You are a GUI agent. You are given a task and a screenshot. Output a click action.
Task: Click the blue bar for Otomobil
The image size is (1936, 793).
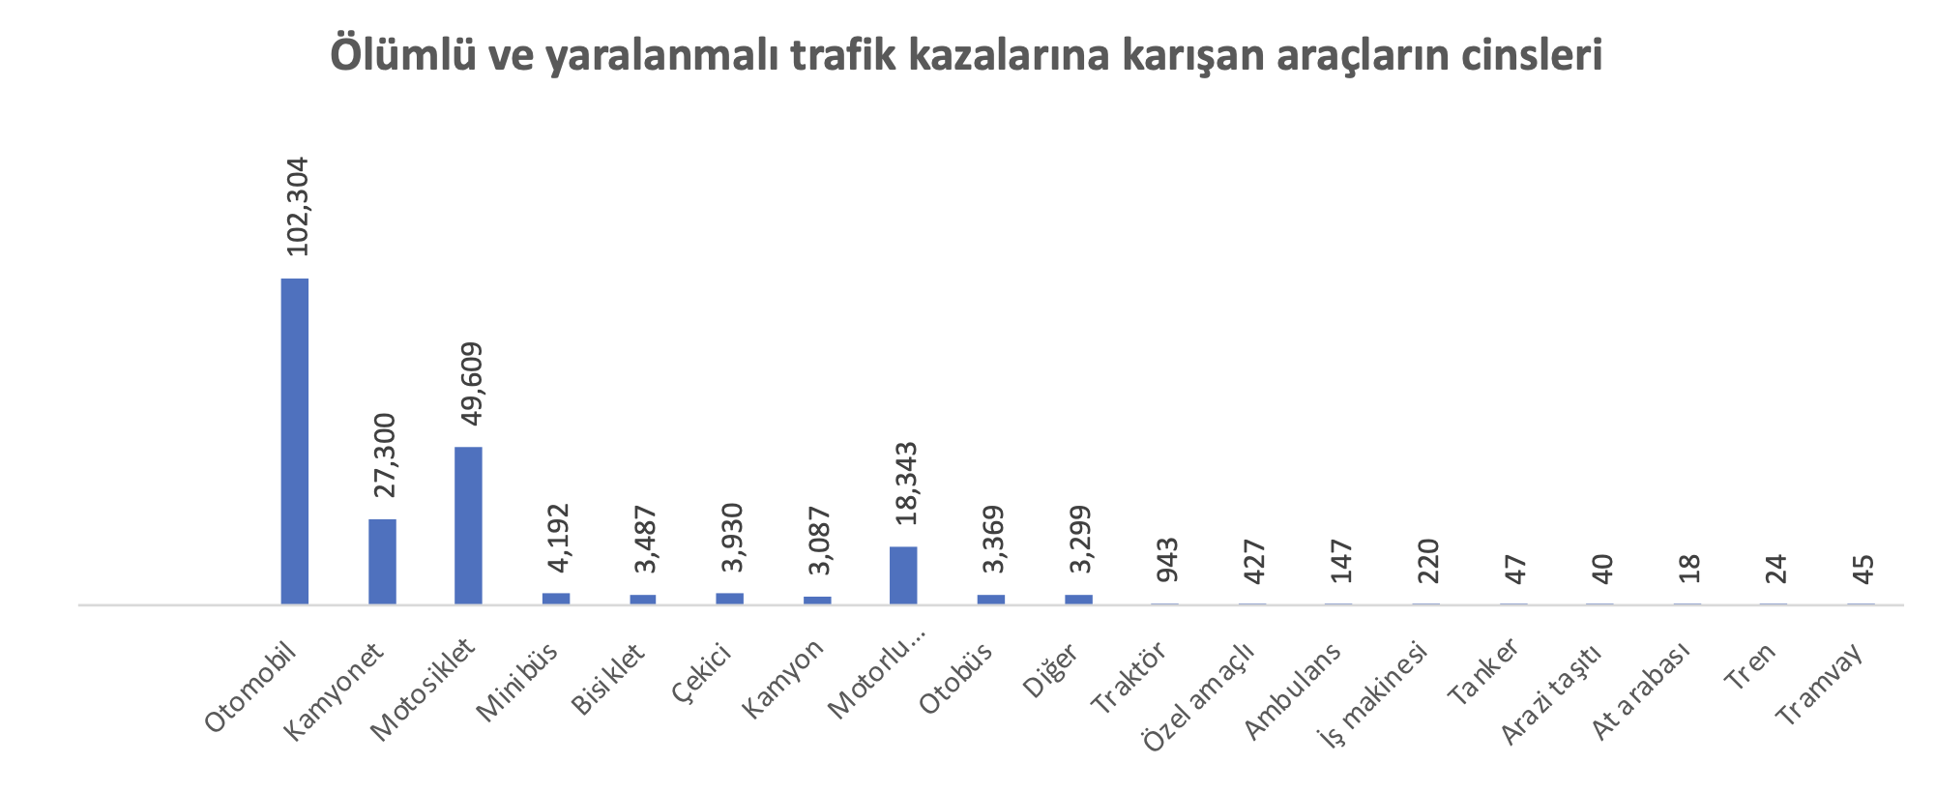[295, 441]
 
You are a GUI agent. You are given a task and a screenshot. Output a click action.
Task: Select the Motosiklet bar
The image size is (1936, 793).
[468, 525]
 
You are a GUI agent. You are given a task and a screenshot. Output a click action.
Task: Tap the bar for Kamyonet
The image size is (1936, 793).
[382, 562]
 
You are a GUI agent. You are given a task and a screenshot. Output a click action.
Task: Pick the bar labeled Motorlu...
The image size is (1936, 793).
[903, 575]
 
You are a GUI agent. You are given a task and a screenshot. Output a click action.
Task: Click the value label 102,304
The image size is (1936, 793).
[297, 206]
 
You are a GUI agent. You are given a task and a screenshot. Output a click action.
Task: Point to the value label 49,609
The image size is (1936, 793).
[471, 384]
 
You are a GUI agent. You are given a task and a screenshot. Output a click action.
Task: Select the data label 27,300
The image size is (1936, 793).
[384, 455]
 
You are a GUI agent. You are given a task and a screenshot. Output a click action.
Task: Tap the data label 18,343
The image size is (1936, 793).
[906, 484]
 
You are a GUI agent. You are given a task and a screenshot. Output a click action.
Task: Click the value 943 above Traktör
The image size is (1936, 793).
[1167, 561]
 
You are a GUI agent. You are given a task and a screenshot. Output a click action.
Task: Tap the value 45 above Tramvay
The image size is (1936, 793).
[1863, 570]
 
